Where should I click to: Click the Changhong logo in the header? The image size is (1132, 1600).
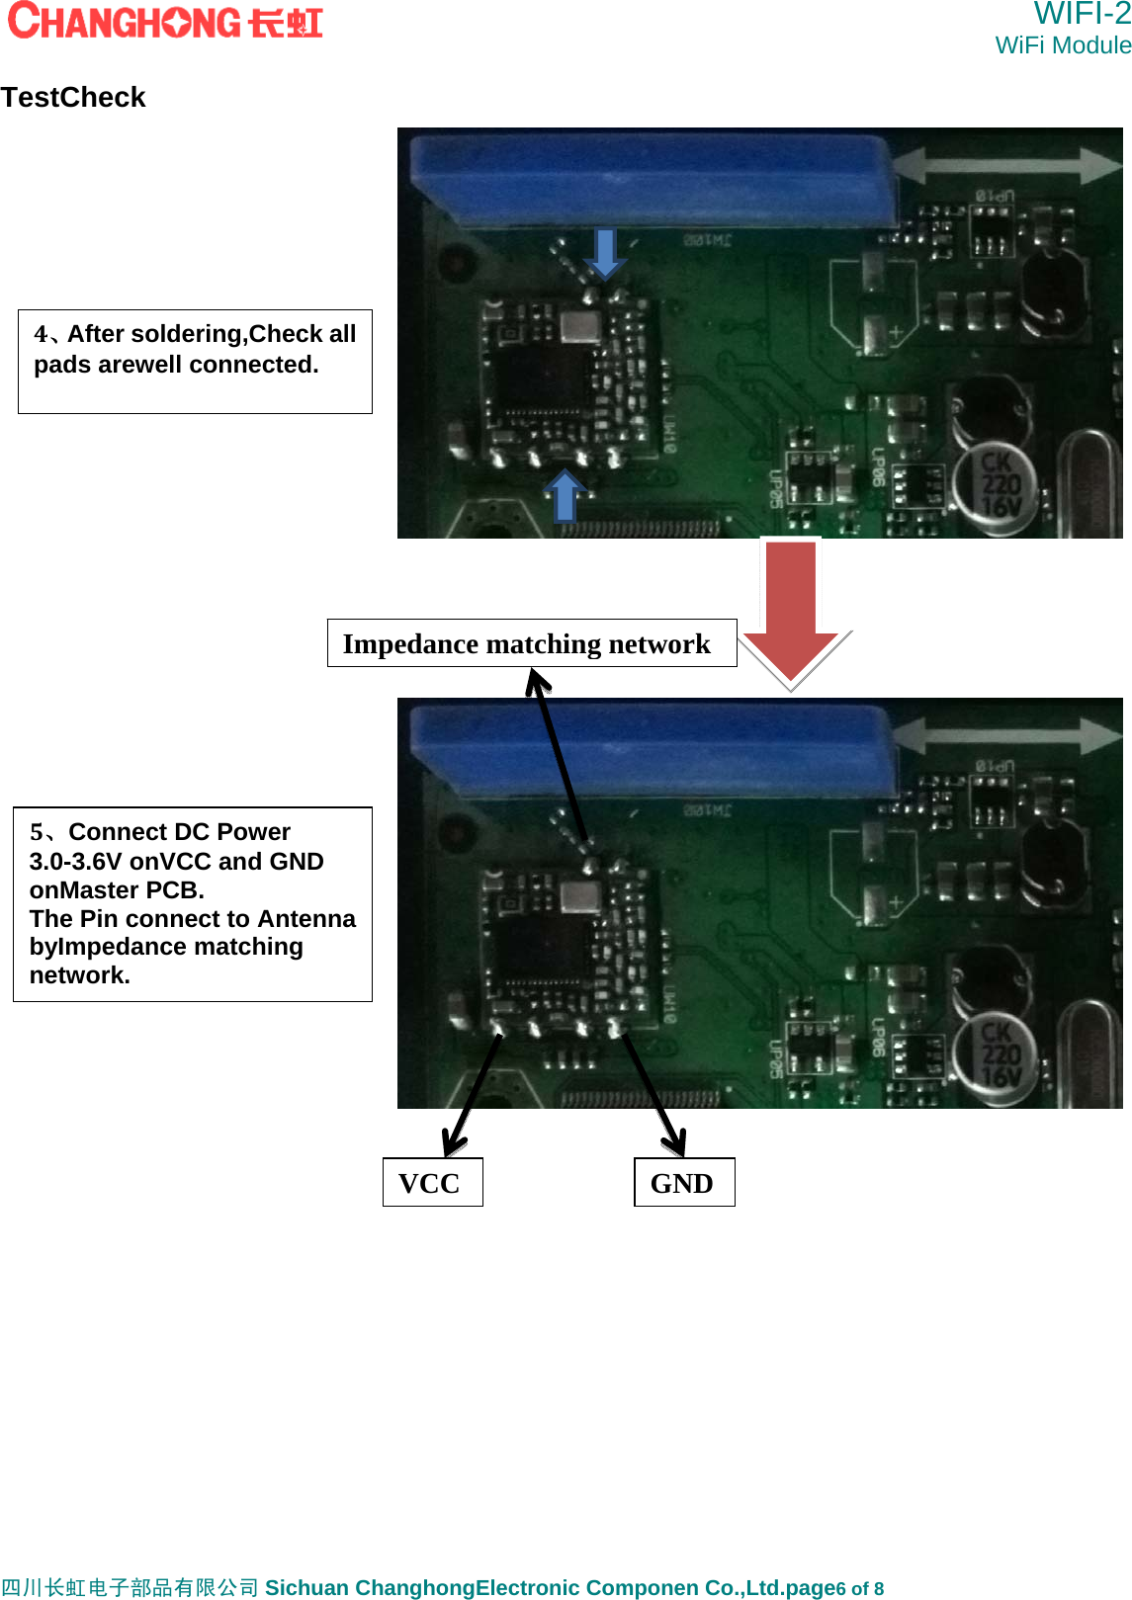[x=164, y=21]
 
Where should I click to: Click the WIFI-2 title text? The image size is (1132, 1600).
[x=1082, y=14]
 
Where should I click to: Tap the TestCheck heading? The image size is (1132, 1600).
[x=73, y=97]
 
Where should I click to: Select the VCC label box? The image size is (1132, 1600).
[x=432, y=1182]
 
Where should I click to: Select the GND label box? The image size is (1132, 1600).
[x=683, y=1182]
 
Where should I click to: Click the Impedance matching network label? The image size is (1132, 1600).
[x=531, y=643]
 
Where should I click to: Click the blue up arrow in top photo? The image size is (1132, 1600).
[x=565, y=495]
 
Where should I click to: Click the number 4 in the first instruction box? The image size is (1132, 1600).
[x=41, y=334]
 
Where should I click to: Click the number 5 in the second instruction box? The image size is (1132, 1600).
[x=37, y=832]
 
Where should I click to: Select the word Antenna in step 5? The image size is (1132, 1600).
[x=306, y=919]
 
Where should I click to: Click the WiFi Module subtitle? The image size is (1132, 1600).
[x=1063, y=45]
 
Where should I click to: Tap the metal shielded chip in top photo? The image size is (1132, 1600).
[x=579, y=325]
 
